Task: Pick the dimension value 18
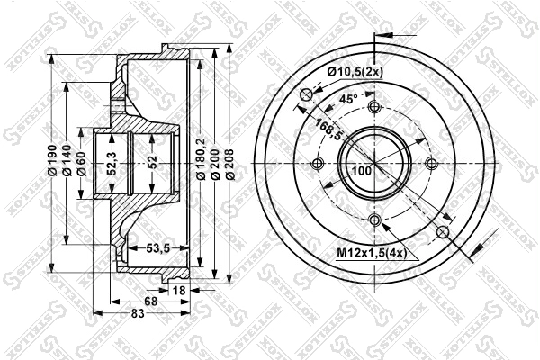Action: pos(179,290)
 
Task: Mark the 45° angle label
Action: pos(347,99)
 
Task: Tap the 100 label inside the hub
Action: pos(361,171)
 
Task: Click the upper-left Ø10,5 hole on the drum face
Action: pos(306,95)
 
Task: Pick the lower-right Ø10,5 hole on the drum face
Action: pos(442,232)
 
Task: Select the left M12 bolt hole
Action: pos(317,164)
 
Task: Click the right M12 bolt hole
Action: pos(431,164)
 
